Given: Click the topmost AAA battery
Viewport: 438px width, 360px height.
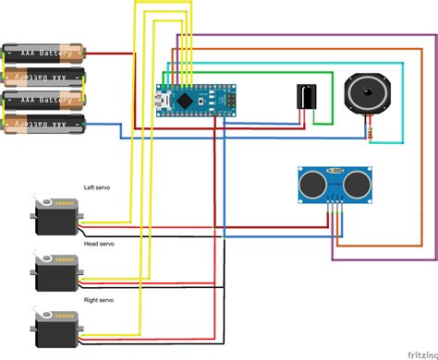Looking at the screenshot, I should coord(43,53).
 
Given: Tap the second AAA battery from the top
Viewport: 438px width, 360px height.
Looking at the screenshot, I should coord(43,77).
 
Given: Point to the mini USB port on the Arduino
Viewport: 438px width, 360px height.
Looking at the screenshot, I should coord(162,96).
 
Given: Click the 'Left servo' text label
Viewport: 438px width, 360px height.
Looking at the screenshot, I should coord(97,186).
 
